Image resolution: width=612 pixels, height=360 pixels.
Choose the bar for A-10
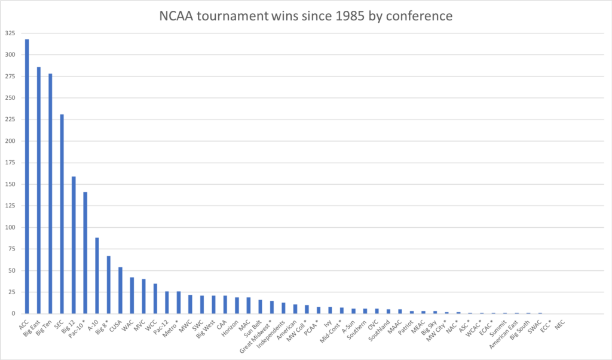97,275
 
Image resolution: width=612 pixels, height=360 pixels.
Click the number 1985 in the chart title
357,16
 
